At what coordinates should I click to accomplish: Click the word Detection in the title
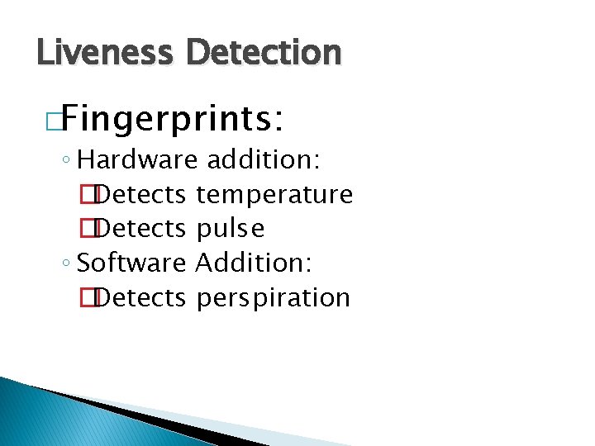point(264,53)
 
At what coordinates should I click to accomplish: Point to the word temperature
point(274,195)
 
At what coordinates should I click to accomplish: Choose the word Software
point(131,263)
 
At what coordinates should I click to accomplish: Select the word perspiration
point(274,297)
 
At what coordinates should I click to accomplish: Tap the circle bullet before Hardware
point(66,159)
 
